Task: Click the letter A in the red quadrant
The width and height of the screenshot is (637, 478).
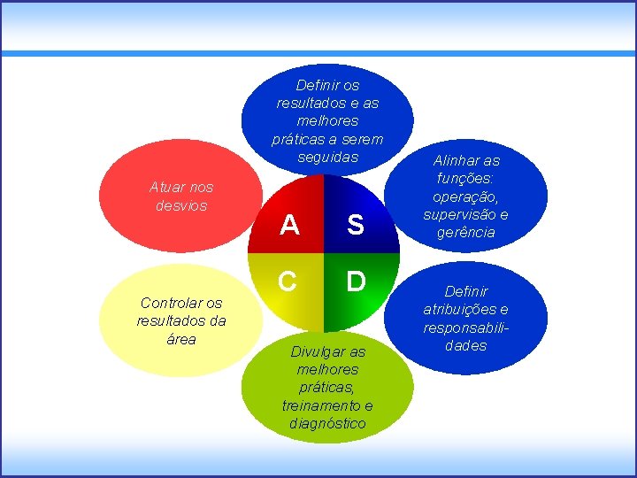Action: (289, 227)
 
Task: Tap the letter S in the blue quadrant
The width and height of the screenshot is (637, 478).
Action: (355, 227)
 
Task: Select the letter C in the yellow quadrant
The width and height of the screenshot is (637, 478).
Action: (288, 281)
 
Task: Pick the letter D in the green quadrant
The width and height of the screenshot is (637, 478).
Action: (355, 281)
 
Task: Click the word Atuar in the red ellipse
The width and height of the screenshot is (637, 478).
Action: (168, 188)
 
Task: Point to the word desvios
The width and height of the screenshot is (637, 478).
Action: (180, 205)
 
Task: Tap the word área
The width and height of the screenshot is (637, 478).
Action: (180, 339)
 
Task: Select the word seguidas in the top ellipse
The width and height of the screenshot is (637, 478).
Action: (327, 157)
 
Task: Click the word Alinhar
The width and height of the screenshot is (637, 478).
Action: (466, 161)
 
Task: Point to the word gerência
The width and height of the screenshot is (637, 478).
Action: (466, 232)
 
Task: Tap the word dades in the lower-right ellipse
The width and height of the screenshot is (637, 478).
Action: (466, 345)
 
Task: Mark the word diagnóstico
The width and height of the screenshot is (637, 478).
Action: (327, 423)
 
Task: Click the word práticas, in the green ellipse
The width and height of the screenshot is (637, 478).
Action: (327, 388)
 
